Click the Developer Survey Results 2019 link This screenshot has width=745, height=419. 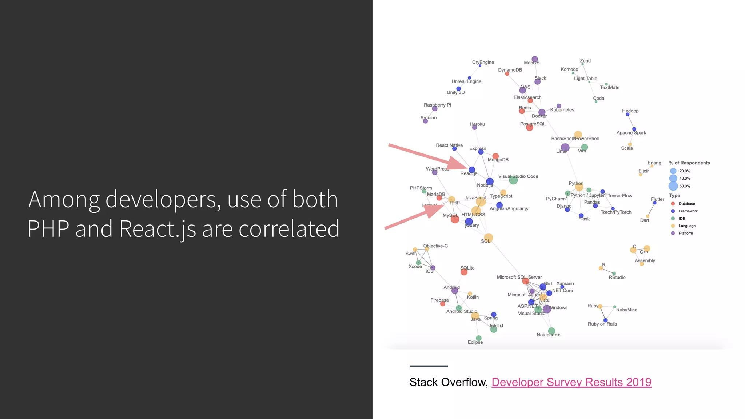[571, 382]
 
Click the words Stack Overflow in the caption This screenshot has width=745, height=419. [448, 382]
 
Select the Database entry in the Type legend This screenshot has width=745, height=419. [686, 204]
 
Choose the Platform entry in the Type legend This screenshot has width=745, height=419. [685, 233]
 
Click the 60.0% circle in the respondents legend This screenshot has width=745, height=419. [673, 186]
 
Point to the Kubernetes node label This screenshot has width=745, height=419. [562, 110]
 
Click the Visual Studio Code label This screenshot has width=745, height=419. [518, 176]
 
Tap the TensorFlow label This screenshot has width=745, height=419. [620, 196]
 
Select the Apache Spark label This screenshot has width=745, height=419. [631, 133]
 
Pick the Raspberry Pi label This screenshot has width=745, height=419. [437, 105]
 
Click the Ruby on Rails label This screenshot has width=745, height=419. [602, 324]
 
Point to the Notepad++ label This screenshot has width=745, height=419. [548, 335]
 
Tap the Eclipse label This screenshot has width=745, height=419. [475, 342]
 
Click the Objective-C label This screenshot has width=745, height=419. [435, 246]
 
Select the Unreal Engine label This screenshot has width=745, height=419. [466, 81]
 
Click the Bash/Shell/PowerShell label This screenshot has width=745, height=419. [575, 139]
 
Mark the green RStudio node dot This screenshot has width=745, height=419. [614, 274]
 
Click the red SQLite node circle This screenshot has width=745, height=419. [464, 272]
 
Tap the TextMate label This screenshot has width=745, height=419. [610, 88]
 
